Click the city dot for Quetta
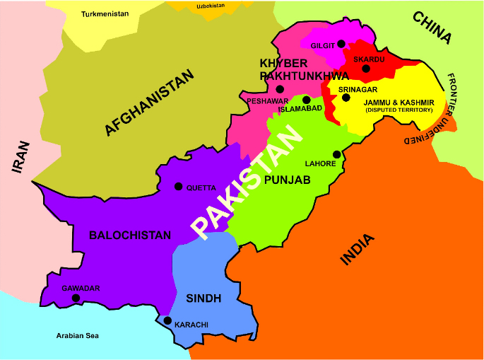[178, 187]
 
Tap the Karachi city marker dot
[167, 320]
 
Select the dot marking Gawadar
[76, 298]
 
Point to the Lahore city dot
[337, 155]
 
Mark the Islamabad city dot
[307, 100]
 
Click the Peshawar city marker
[280, 89]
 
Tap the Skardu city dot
[365, 69]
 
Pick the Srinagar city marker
[346, 98]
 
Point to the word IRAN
[20, 157]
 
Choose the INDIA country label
[358, 249]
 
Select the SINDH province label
[204, 298]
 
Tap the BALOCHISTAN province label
[130, 235]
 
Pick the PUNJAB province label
[287, 180]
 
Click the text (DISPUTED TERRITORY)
[399, 110]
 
